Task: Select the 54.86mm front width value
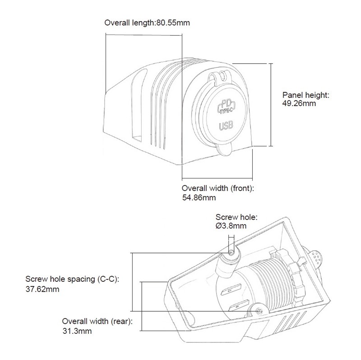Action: point(199,197)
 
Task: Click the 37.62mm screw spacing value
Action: point(42,289)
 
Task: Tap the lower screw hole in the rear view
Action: point(258,310)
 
